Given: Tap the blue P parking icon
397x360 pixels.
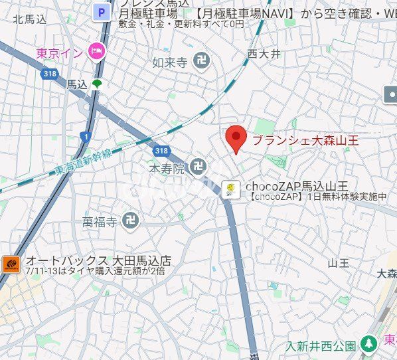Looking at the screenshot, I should pos(102,11).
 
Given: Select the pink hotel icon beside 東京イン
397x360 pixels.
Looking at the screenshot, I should pos(97,50).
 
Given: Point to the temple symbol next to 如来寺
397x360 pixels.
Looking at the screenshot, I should pos(200,62).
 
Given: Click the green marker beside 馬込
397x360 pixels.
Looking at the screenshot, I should pos(98,84).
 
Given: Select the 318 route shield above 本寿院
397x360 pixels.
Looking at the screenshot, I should pos(163,151).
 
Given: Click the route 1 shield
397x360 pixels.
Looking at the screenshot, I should pos(85,136).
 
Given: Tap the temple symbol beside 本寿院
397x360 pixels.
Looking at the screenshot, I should pos(197,167).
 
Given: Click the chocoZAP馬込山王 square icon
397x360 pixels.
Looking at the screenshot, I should pos(230,189).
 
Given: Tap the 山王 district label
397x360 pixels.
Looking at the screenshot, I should pos(339,264).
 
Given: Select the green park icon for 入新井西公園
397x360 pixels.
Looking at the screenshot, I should pos(369,345).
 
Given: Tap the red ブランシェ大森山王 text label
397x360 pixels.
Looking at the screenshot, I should pos(305,140).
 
